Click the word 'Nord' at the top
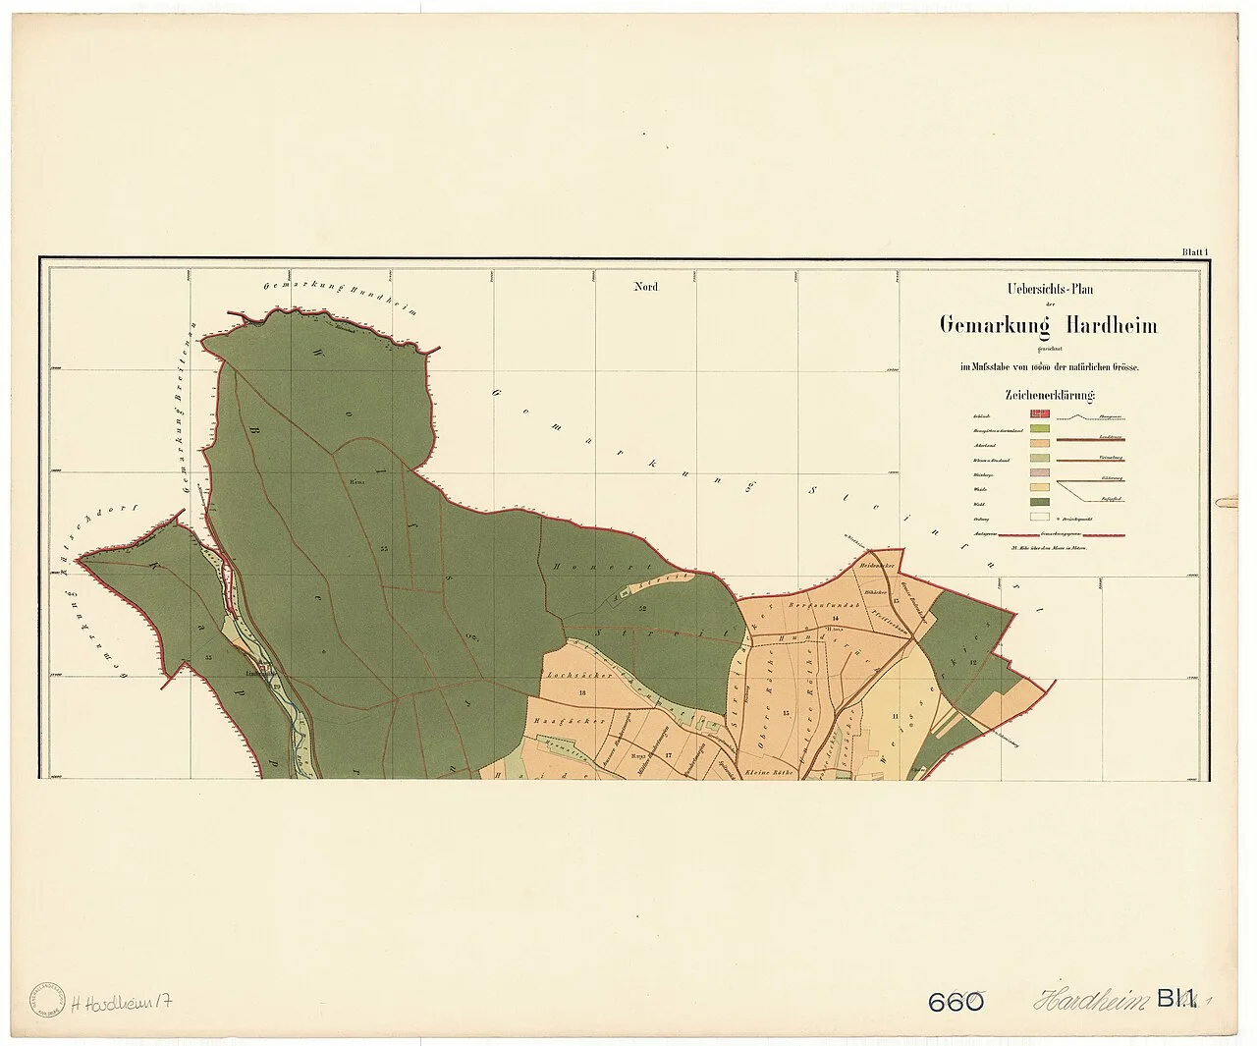click(645, 287)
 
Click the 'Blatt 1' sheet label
click(1193, 252)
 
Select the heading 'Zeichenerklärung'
click(1049, 395)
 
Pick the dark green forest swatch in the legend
click(1040, 501)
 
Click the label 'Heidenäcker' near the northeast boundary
click(874, 567)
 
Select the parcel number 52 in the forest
click(640, 609)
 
